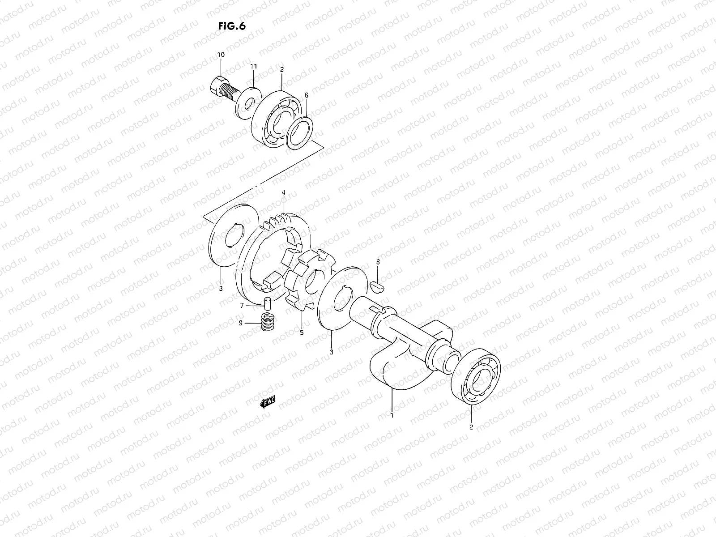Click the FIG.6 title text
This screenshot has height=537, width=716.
tap(232, 26)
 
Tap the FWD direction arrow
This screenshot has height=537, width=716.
tap(268, 402)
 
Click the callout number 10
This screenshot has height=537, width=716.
tap(221, 55)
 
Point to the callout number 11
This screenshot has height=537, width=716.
tap(254, 66)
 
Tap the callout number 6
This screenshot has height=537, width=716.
tap(307, 95)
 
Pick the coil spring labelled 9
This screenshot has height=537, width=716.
tap(267, 322)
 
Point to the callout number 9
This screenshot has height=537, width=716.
tap(240, 323)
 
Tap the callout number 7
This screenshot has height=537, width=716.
tap(242, 306)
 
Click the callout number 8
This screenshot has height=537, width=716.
tap(378, 261)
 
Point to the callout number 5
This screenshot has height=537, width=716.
tap(301, 332)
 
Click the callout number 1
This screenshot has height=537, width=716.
tap(392, 415)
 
